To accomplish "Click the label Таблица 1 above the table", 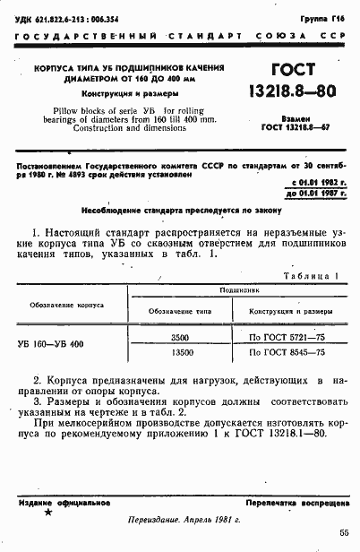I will (311, 277).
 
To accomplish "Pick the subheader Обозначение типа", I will (179, 310).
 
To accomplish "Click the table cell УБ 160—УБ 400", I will (51, 344).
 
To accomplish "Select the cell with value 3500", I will (179, 336).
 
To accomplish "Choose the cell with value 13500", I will (179, 354).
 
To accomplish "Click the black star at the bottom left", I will (47, 513).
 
